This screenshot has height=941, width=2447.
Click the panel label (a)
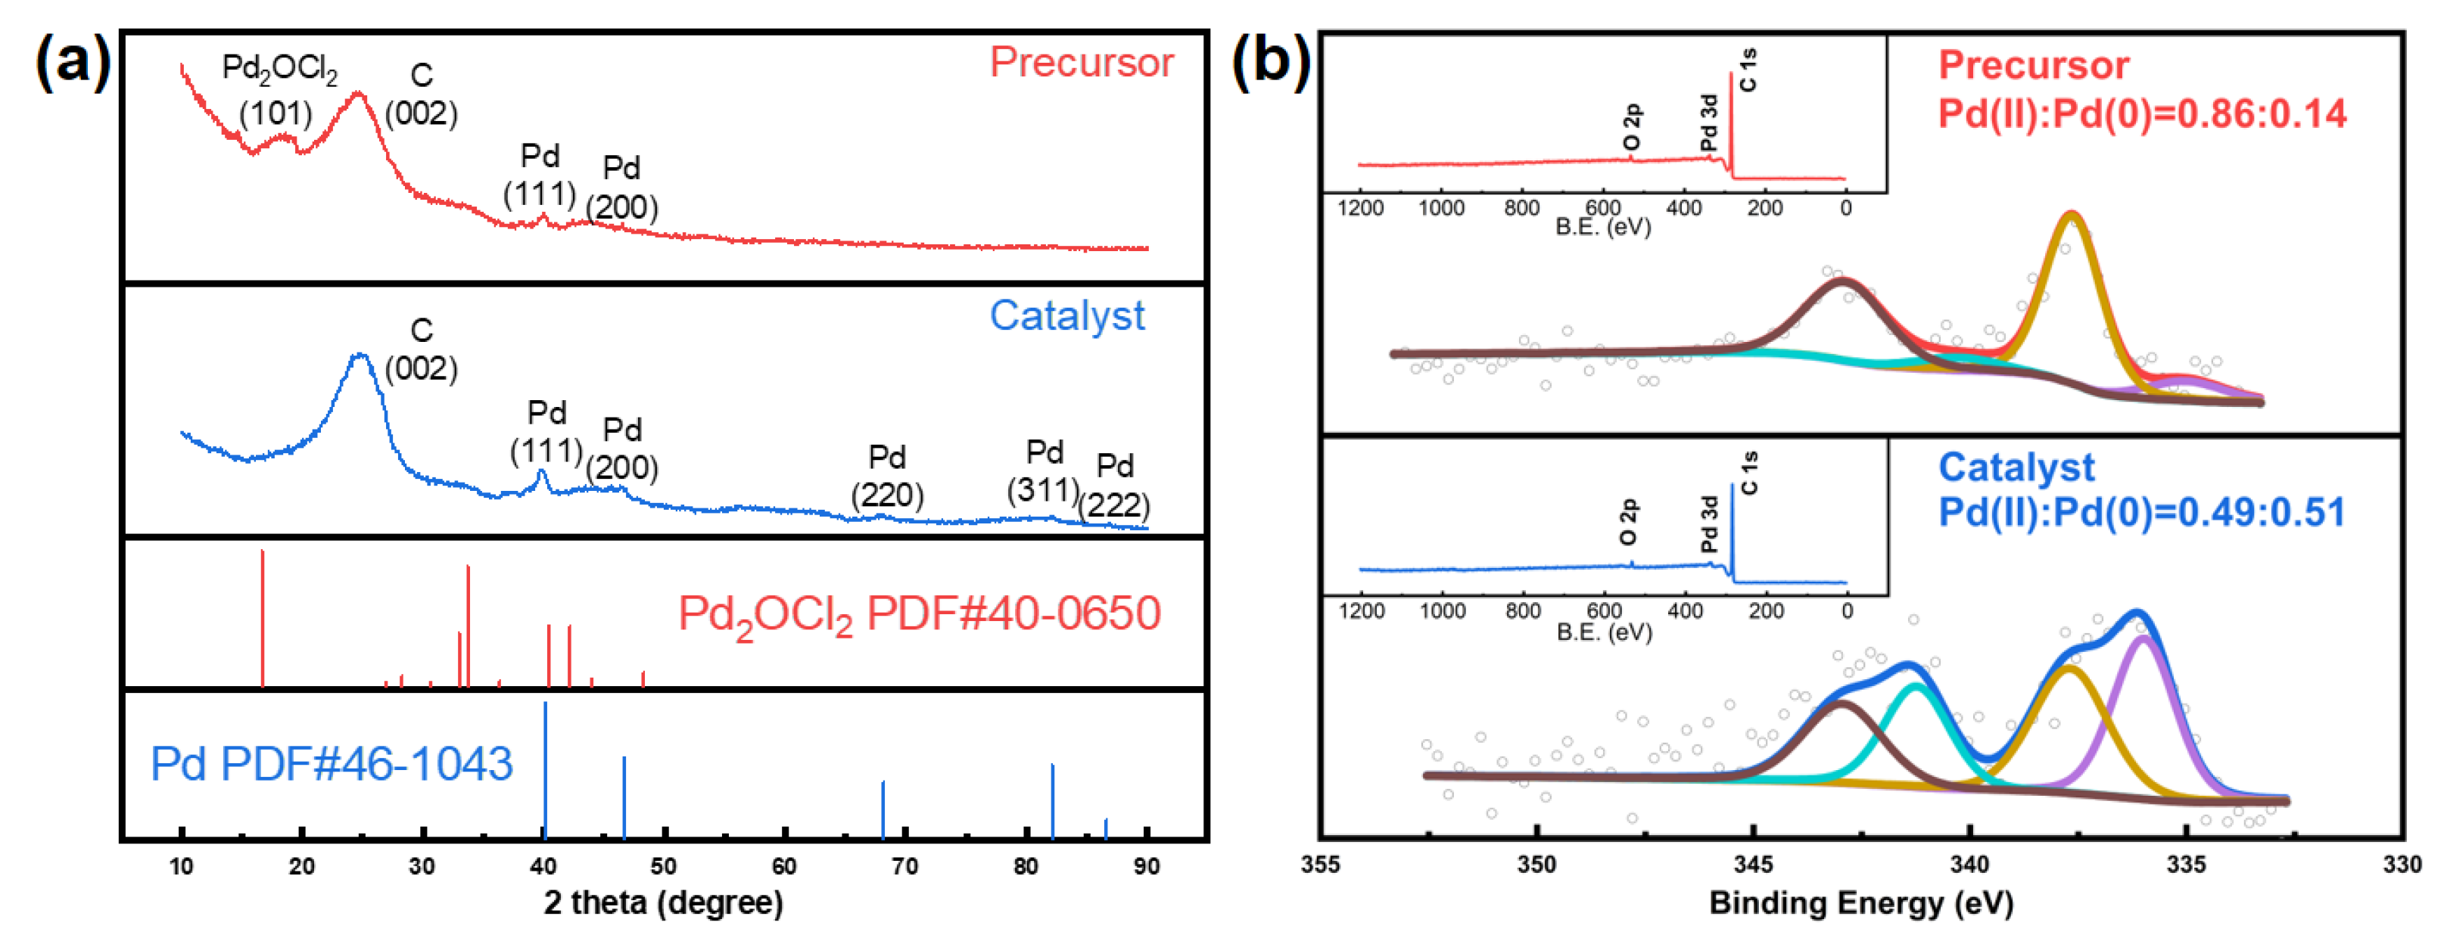tap(72, 63)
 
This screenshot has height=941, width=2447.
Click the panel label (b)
tap(1271, 63)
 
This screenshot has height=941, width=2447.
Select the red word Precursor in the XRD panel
tap(1081, 63)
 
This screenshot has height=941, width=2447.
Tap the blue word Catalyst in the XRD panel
tap(1066, 315)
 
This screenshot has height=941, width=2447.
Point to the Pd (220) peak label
tap(886, 477)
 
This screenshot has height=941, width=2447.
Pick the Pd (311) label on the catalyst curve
tap(1044, 471)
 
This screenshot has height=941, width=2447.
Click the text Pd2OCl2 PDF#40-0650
tap(919, 614)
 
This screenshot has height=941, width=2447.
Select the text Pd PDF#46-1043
tap(332, 763)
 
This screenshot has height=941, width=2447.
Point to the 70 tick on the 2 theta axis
tap(904, 866)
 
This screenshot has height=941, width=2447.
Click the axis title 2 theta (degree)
tap(663, 902)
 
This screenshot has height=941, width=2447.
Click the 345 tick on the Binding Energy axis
tap(1753, 864)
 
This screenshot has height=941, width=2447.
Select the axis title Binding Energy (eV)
tap(1861, 902)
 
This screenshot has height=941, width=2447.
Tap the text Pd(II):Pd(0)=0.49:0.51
tap(2141, 513)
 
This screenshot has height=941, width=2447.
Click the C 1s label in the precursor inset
tap(1748, 70)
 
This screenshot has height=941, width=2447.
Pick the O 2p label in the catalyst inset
tap(1628, 522)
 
